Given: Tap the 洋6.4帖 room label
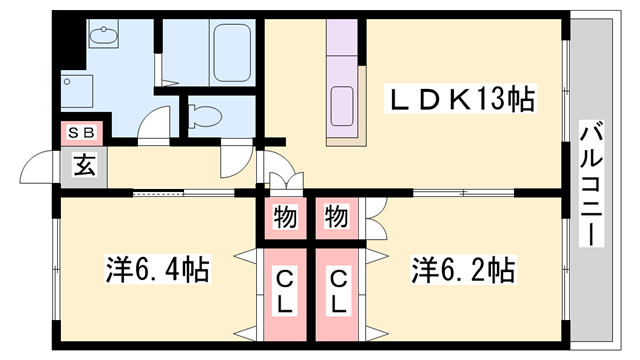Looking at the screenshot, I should point(158,269).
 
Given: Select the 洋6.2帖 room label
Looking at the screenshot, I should point(462,269).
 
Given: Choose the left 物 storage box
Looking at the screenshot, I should point(286,216).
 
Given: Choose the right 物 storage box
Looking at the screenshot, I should point(337,216).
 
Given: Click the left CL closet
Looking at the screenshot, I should point(286,292).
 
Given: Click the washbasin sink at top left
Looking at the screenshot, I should point(102,38).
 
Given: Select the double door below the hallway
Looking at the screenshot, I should point(284,182).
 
